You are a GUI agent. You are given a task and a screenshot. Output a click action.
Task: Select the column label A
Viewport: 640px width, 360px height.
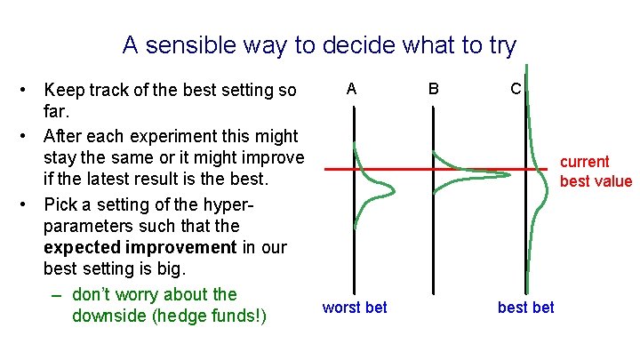point(352,89)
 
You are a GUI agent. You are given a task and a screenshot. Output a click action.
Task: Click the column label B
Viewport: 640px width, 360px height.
point(433,89)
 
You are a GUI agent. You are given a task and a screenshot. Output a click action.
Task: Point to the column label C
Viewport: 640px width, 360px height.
point(516,89)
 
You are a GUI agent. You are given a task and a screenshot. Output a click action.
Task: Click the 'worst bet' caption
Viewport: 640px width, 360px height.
point(355,308)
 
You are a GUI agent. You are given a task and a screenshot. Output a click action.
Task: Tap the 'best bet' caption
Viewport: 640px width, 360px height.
point(525,308)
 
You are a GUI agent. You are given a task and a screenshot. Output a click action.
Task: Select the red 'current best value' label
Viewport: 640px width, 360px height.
point(596,172)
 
